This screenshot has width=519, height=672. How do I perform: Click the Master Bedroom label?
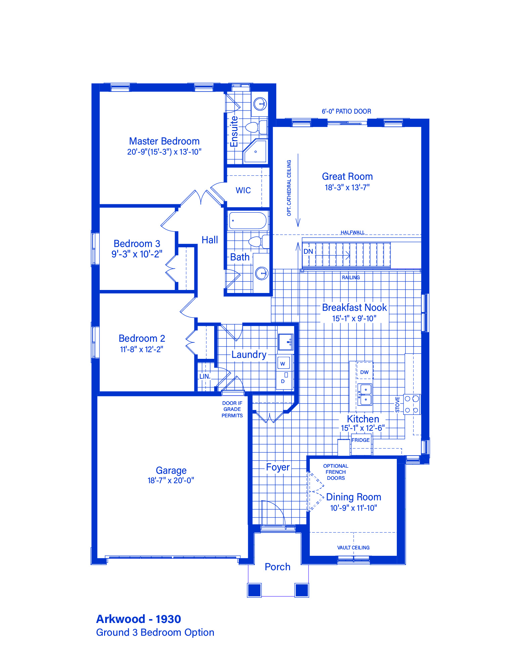pos(164,141)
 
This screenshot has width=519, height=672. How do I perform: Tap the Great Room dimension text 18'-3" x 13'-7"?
pos(347,187)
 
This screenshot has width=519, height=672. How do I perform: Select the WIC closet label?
pos(243,191)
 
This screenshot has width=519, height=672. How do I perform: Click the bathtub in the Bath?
pos(248,221)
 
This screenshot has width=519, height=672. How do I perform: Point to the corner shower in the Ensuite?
pos(255,151)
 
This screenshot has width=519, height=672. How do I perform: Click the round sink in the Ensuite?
pos(260,103)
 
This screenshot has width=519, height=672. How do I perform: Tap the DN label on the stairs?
pos(308,251)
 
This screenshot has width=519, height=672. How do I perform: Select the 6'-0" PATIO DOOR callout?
pos(346,111)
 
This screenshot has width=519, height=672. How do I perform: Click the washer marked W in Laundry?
pos(283,363)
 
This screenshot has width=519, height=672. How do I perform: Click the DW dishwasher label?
pos(364,372)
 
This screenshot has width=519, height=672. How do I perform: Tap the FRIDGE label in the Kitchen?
pos(361,440)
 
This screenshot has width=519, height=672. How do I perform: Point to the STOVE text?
pos(397,405)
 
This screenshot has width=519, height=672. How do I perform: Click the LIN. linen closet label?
pos(205,376)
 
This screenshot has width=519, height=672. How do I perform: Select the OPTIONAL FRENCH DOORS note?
pos(336,472)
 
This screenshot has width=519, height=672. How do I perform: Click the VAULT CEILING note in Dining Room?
pos(353,548)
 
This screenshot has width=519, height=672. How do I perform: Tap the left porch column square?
pos(254,590)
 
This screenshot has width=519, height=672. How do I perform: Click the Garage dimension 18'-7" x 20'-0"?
pos(171,480)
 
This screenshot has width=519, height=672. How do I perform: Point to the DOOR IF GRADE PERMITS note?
pos(232,409)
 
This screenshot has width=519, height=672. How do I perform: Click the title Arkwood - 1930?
pos(139,619)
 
